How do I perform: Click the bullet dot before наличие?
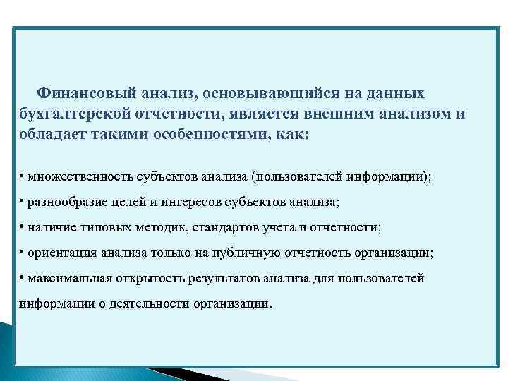pyautogui.click(x=23, y=227)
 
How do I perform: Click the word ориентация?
pyautogui.click(x=61, y=253)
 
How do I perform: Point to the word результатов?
pyautogui.click(x=221, y=278)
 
